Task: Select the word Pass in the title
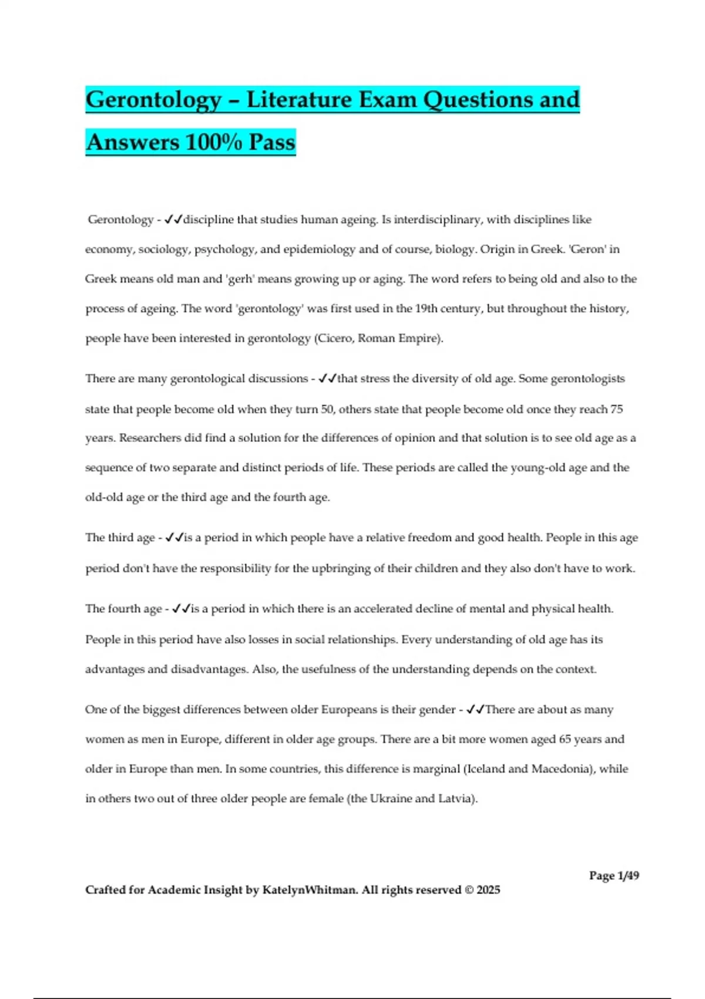[271, 142]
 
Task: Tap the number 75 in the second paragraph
[616, 409]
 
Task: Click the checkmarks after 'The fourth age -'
[180, 609]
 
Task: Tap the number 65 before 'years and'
[565, 739]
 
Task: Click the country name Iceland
[485, 769]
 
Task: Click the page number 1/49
[628, 876]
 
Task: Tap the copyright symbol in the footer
[468, 890]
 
